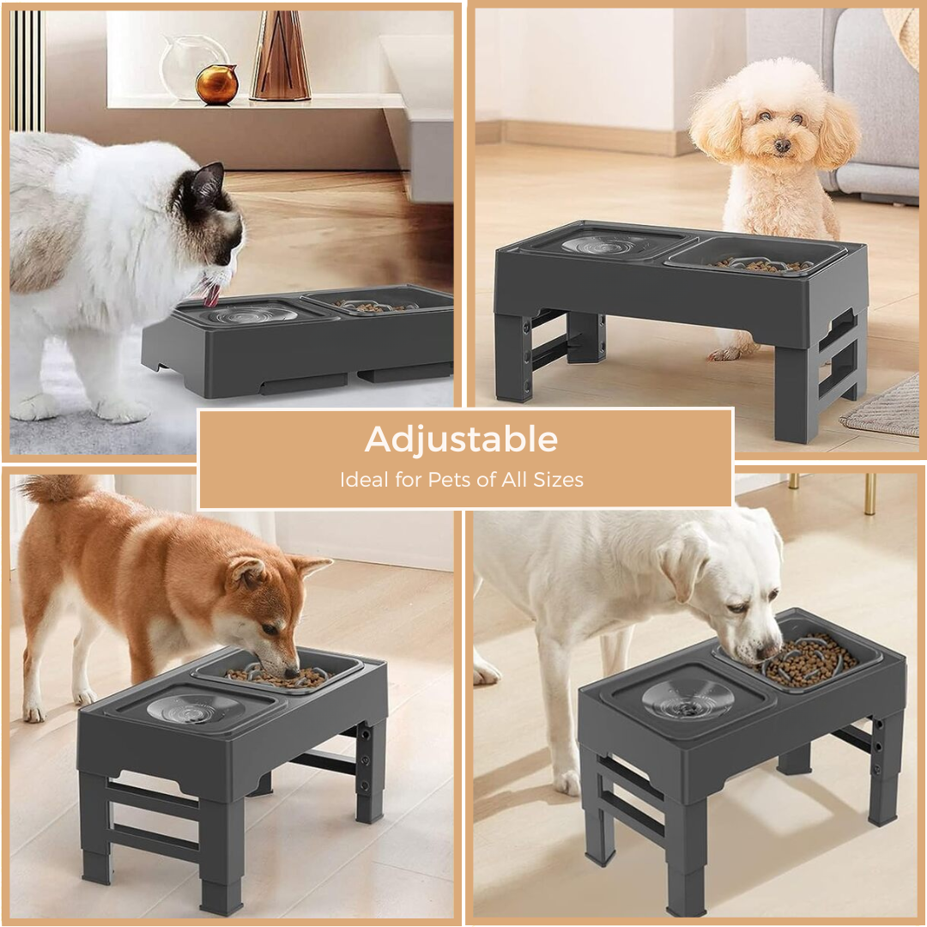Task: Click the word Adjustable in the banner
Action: click(461, 439)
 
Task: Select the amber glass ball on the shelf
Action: click(217, 84)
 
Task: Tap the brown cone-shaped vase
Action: click(281, 56)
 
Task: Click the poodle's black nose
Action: click(782, 145)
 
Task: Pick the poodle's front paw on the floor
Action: click(730, 354)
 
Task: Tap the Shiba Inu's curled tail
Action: click(55, 488)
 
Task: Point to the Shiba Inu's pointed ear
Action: click(312, 568)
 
